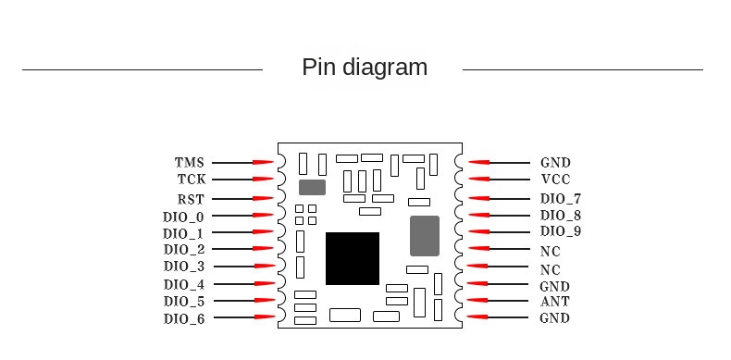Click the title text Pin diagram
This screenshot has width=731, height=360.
(365, 68)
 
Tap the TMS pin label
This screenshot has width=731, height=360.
(190, 163)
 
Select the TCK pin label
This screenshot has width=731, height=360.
(192, 180)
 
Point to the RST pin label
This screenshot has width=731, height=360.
(191, 199)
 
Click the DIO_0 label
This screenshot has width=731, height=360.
(184, 217)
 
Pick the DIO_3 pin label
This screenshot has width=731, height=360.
(184, 267)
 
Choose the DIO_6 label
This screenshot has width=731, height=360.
(184, 318)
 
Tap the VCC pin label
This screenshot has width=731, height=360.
(555, 180)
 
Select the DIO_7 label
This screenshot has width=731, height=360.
(561, 199)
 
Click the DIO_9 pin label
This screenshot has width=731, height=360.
(561, 231)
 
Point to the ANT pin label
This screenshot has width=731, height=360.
(555, 302)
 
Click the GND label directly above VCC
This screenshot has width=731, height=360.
(555, 163)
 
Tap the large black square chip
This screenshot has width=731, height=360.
(353, 258)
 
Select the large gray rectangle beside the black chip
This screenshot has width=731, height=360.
(424, 236)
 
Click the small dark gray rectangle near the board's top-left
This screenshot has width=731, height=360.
(313, 187)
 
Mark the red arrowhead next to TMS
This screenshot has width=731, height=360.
(264, 163)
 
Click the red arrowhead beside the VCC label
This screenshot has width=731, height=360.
(477, 180)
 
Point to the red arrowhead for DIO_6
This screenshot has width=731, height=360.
(264, 318)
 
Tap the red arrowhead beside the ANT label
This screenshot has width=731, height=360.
(477, 302)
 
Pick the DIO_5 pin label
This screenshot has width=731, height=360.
(184, 302)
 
